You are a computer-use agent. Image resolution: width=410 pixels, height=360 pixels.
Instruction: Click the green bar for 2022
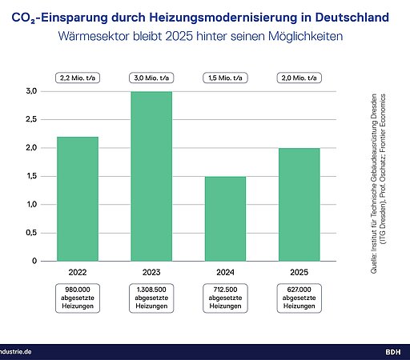[78, 198]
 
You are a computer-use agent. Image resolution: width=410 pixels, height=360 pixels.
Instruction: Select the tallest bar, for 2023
[151, 176]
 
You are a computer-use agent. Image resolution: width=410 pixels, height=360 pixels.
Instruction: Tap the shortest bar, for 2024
[225, 218]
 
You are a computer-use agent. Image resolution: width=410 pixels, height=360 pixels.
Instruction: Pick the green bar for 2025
[299, 204]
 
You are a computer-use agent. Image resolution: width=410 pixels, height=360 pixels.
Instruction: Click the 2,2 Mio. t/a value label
[78, 78]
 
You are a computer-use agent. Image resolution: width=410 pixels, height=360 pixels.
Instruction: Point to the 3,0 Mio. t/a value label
[151, 78]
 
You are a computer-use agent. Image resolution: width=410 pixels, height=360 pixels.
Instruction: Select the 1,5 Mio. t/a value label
[225, 78]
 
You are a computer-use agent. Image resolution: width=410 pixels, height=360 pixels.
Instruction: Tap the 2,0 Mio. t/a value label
[299, 78]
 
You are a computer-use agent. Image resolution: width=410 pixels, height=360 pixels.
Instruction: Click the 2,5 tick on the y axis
[31, 120]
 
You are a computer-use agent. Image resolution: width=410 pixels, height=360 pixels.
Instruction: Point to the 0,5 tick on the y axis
[31, 233]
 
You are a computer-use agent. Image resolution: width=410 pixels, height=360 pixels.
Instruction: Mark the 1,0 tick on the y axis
[31, 205]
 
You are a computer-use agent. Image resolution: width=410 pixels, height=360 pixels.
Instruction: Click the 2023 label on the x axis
[151, 270]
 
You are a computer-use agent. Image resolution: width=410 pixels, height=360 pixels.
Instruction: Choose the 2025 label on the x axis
[299, 270]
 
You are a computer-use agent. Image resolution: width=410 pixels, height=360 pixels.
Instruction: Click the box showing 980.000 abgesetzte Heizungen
[78, 297]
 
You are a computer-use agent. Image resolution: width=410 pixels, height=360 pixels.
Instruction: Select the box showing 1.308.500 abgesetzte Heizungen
[151, 297]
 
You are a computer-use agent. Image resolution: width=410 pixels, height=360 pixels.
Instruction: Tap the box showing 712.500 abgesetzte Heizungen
[225, 297]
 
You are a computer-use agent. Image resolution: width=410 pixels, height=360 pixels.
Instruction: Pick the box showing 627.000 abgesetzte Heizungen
[299, 297]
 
